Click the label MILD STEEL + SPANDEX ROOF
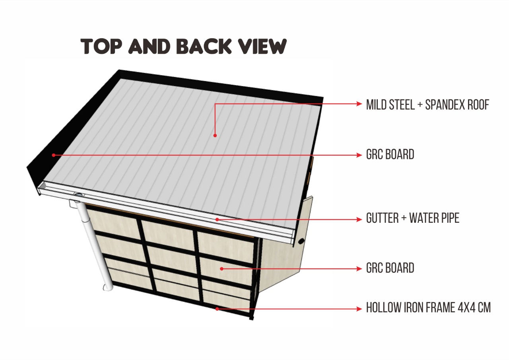tap(427, 105)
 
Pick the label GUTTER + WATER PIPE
tap(413, 218)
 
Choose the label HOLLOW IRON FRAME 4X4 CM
tap(428, 307)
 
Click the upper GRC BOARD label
tap(390, 154)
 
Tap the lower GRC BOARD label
tap(390, 268)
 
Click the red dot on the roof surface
tap(215, 136)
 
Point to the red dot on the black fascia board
tap(54, 155)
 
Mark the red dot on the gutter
tap(217, 219)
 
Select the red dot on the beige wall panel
tap(222, 269)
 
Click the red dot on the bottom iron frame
tap(217, 309)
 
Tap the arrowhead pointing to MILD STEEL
tap(359, 104)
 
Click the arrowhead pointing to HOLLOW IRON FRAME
tap(359, 309)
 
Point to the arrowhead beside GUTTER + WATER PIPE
tap(359, 219)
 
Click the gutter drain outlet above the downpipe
tap(79, 195)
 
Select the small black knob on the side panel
tap(301, 241)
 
